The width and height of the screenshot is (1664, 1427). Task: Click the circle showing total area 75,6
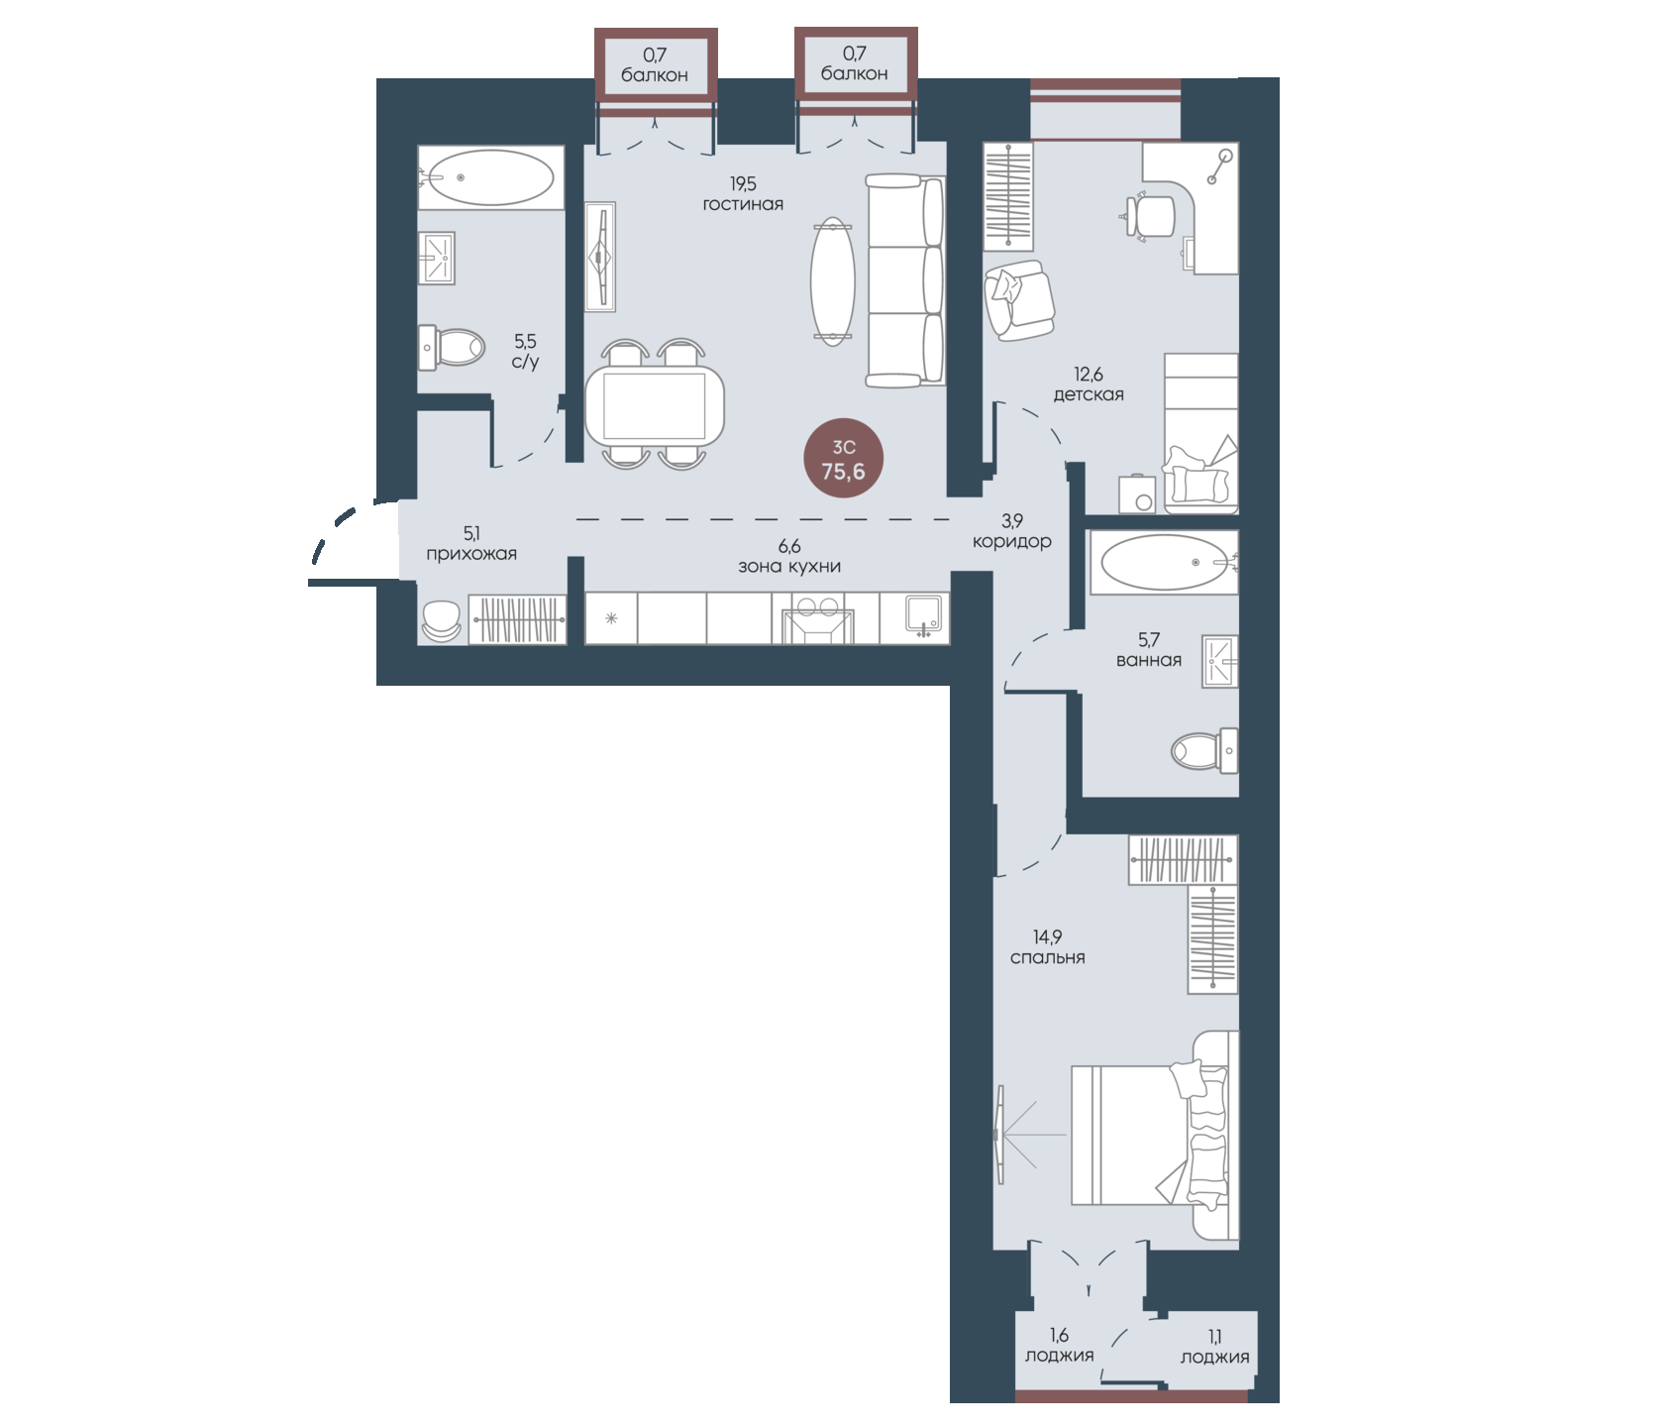click(843, 459)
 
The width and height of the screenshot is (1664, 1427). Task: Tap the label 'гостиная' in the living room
click(743, 204)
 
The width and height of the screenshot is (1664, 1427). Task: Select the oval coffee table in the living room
click(832, 281)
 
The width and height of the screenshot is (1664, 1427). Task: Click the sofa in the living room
click(904, 280)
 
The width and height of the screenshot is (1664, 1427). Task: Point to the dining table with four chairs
click(655, 404)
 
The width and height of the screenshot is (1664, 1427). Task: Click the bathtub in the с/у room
click(491, 177)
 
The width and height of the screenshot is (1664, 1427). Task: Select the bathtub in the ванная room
click(1164, 563)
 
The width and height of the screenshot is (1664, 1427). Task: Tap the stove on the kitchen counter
click(817, 619)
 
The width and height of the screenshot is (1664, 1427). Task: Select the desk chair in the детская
click(1149, 215)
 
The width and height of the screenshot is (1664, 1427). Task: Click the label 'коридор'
click(1012, 542)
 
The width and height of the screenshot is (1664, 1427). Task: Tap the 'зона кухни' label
click(789, 567)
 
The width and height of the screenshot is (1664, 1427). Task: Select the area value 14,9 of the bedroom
click(1048, 936)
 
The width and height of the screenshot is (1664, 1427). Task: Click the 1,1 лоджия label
click(1215, 1347)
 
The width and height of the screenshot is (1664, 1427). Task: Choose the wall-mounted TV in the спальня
click(1000, 1134)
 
